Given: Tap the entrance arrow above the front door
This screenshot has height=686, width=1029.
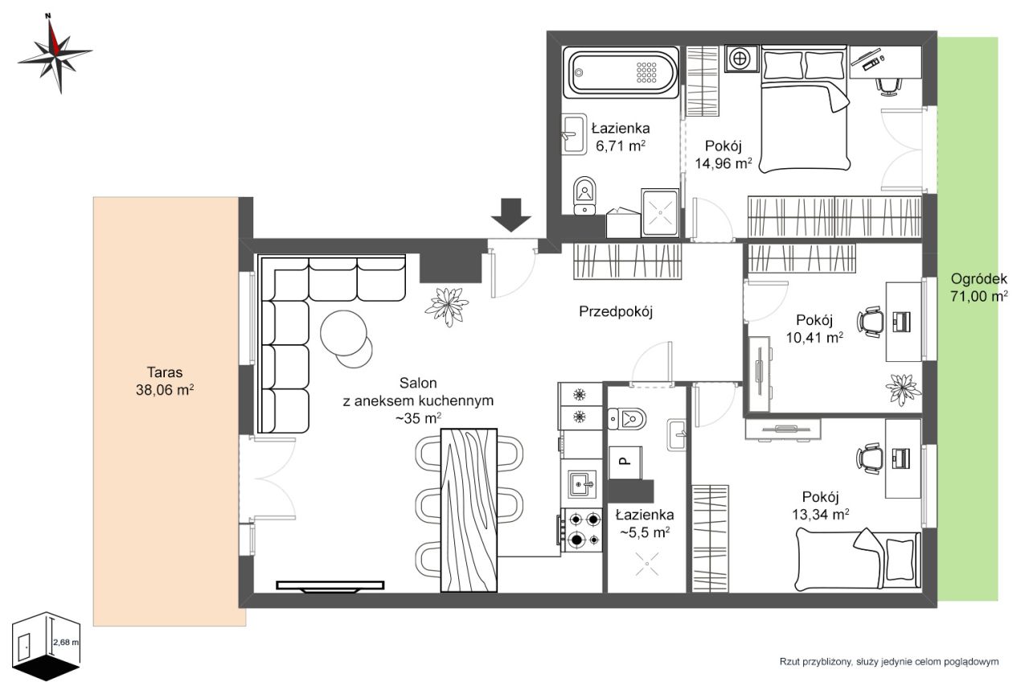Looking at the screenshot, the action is click(510, 215).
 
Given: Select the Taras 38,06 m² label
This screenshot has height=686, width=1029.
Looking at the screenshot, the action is click(165, 381).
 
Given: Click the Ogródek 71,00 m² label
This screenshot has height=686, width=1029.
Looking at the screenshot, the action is click(979, 287).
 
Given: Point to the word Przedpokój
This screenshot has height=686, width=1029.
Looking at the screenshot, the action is click(616, 311).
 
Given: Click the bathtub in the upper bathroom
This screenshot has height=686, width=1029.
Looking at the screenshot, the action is click(623, 72).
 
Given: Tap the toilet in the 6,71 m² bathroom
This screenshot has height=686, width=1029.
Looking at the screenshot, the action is click(584, 195).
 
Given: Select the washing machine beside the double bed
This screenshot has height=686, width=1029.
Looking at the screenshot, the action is click(740, 59).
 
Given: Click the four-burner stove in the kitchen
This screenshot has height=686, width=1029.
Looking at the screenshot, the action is click(582, 530).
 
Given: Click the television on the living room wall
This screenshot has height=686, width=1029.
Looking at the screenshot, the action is click(330, 585).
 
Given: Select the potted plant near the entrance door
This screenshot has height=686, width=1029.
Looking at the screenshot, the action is click(446, 306).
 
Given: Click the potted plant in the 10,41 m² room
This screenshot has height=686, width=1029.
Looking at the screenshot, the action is click(903, 389).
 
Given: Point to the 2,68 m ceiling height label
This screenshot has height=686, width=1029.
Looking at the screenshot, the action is click(66, 643).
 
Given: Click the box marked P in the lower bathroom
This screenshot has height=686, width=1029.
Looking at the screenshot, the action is click(625, 462).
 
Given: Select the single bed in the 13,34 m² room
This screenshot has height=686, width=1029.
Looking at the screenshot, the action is click(859, 559).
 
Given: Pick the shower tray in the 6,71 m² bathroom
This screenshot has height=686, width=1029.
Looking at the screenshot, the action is click(661, 213).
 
